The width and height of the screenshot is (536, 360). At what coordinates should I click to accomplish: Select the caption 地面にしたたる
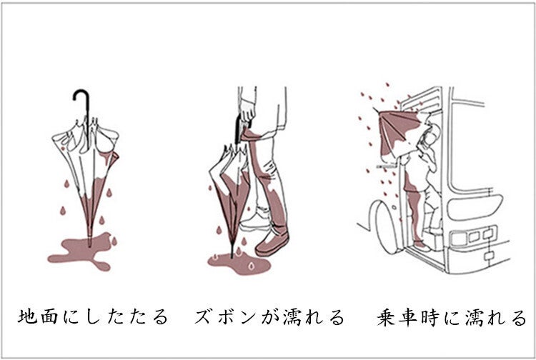(93, 316)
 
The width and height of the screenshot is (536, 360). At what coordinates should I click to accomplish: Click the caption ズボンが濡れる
(269, 316)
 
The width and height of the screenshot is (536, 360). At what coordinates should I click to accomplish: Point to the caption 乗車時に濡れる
(452, 317)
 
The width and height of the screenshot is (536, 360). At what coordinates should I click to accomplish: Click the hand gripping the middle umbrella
(247, 110)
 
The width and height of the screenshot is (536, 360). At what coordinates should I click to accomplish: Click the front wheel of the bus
(386, 227)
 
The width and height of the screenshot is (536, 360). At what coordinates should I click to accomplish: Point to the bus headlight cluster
(473, 236)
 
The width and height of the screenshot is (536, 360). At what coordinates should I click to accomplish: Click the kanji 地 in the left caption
(27, 316)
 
